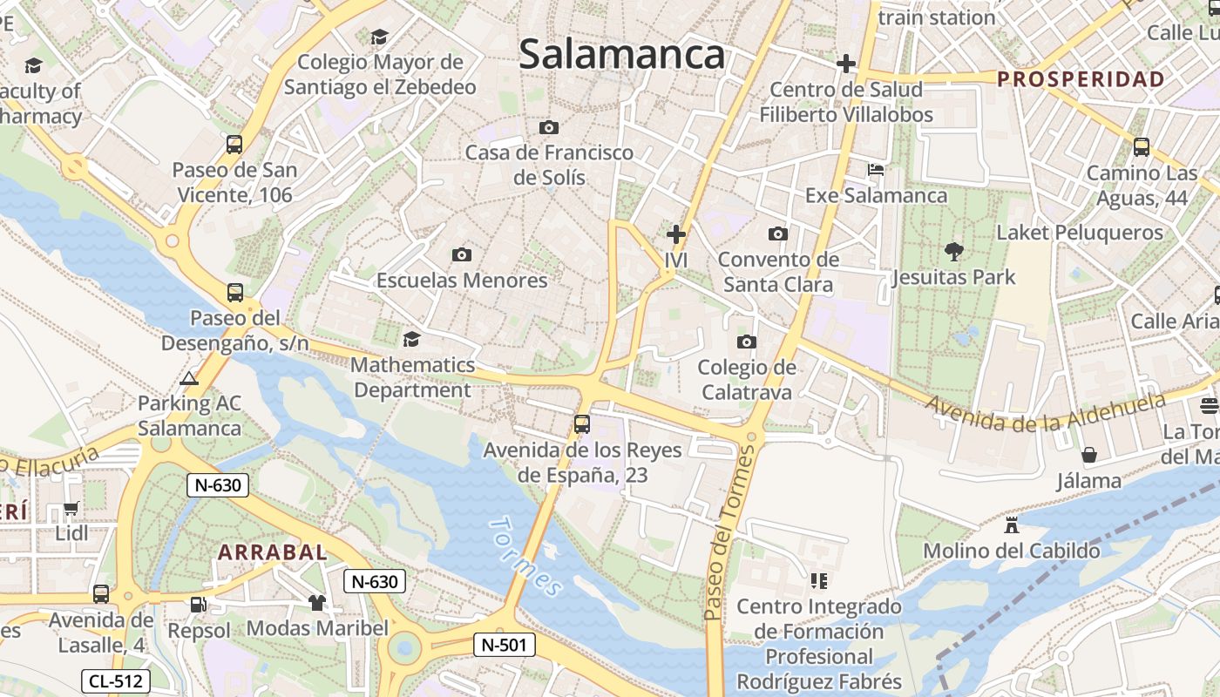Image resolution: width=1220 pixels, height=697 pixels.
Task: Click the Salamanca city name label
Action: coord(621,54)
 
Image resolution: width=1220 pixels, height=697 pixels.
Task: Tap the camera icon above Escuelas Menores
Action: coord(462,254)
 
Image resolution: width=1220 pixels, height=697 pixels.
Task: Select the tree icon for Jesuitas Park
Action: coord(953,252)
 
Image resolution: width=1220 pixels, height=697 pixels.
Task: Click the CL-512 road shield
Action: coord(116,681)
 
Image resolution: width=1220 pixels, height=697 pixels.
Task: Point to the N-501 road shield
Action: coord(504,645)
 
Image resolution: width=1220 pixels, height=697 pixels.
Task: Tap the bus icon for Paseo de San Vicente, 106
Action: coord(234,145)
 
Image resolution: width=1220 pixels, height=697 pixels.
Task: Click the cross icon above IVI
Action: coord(675,234)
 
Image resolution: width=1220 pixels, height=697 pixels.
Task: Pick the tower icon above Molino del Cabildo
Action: coord(1011,525)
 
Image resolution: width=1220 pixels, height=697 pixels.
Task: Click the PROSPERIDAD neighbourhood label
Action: coord(1081,79)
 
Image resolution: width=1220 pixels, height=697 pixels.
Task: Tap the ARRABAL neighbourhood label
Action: coord(273,552)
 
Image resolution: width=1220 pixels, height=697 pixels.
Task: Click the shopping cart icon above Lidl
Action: coord(71,508)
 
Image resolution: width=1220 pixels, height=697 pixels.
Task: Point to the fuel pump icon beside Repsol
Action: coord(199,604)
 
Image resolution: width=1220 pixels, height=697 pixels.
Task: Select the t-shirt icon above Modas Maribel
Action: coord(316,602)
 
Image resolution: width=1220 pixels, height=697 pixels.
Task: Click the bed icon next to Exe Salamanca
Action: coord(876,170)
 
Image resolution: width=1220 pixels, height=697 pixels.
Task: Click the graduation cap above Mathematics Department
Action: coord(411,339)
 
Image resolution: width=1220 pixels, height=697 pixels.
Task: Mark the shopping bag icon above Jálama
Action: coord(1088,455)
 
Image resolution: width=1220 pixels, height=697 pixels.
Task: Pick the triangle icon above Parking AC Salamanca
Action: coord(188,378)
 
